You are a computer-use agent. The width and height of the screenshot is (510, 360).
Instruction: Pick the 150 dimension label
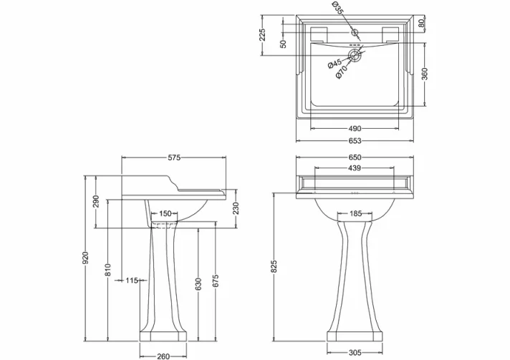[165, 213]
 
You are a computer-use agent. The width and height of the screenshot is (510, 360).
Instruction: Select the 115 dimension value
[131, 281]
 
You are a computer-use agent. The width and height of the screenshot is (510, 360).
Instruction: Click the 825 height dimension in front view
[274, 266]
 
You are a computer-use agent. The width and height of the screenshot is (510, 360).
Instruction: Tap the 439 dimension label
[355, 169]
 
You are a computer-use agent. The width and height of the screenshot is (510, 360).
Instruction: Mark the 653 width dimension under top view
[355, 140]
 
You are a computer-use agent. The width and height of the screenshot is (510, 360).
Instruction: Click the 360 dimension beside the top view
[424, 74]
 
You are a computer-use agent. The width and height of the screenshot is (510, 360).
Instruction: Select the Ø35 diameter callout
[337, 9]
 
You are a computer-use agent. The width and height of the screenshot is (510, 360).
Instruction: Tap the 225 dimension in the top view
[262, 34]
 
